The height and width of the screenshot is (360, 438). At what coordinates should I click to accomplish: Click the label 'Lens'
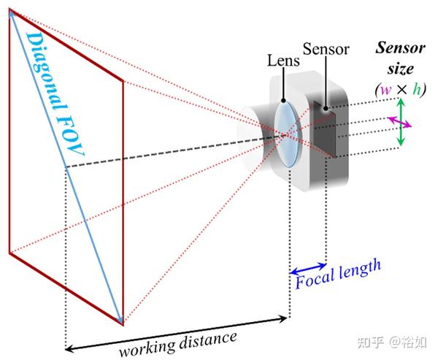tap(283, 61)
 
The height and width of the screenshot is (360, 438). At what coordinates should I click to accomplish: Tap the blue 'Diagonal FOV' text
tap(54, 95)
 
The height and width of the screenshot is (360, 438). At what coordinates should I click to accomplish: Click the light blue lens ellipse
tap(286, 136)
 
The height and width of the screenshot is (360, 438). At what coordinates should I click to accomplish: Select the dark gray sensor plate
tap(323, 131)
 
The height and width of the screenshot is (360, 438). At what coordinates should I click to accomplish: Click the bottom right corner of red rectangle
tap(122, 323)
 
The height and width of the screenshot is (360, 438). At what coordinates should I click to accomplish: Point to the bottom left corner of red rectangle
tap(9, 253)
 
